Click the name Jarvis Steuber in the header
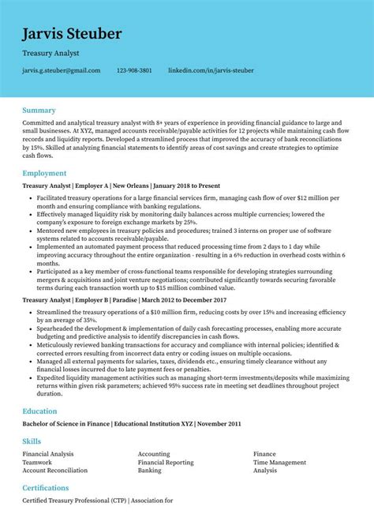click(x=72, y=33)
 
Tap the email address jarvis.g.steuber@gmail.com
click(x=62, y=70)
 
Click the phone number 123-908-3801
click(x=134, y=70)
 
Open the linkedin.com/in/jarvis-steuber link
click(x=211, y=70)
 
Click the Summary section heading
click(x=39, y=110)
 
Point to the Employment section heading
click(x=44, y=172)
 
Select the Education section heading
click(x=39, y=411)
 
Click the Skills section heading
click(x=32, y=441)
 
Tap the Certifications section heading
click(x=46, y=488)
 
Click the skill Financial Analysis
click(x=48, y=454)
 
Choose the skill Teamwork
click(x=37, y=462)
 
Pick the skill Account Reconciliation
click(x=55, y=470)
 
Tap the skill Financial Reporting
click(x=166, y=462)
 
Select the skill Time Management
click(x=279, y=462)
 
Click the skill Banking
click(x=150, y=470)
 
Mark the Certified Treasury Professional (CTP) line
click(x=96, y=501)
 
